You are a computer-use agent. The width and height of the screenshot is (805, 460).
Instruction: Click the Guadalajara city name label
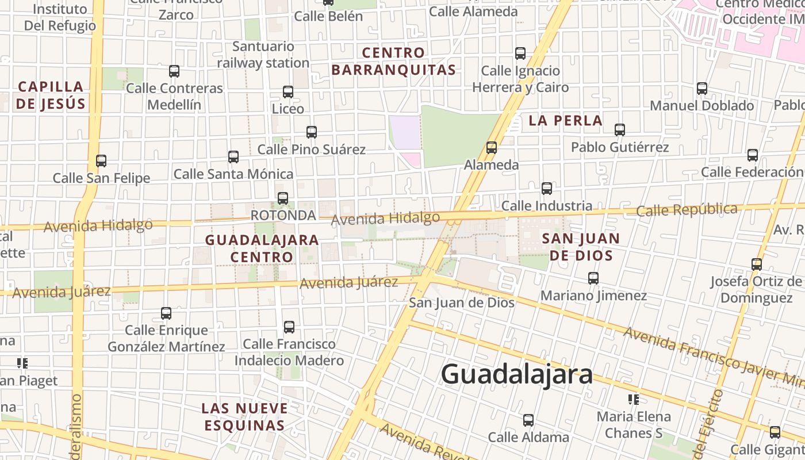[516, 374]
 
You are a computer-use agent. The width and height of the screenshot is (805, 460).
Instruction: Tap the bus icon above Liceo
[288, 92]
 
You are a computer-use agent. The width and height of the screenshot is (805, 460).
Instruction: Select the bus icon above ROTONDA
[283, 198]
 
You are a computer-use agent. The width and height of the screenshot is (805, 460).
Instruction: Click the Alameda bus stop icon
[492, 148]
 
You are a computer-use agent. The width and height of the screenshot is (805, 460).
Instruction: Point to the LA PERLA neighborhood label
[565, 121]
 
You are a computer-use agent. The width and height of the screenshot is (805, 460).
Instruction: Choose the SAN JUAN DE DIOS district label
[581, 247]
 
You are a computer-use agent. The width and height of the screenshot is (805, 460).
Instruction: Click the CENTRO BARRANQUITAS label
[394, 62]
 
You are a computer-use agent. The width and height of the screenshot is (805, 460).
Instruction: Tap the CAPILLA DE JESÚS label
[51, 95]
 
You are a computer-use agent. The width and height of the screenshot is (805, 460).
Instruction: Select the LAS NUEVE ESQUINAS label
[244, 417]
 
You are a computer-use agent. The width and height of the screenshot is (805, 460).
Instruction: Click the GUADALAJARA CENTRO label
[262, 248]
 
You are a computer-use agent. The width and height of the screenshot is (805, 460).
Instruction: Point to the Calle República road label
[687, 210]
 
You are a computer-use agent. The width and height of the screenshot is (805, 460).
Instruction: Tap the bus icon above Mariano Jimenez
[593, 278]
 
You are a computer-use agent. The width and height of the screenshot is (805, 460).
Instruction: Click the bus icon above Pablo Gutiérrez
[619, 130]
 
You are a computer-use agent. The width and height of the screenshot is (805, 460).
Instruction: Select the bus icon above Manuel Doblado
[701, 89]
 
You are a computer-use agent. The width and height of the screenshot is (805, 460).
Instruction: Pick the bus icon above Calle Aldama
[528, 420]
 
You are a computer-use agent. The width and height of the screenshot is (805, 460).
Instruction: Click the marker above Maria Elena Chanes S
[634, 399]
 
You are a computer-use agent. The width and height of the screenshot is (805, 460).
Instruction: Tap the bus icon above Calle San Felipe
[101, 161]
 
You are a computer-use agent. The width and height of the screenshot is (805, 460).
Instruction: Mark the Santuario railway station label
[263, 55]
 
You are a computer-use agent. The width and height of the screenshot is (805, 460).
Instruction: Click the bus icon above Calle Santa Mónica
[233, 157]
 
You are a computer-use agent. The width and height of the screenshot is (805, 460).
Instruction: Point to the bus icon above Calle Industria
[547, 189]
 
